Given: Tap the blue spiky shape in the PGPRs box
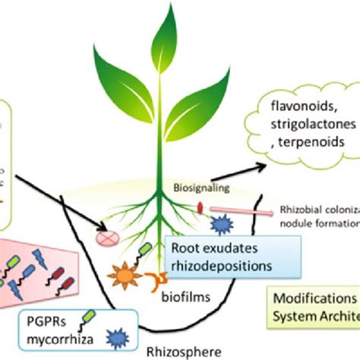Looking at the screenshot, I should [x=115, y=335].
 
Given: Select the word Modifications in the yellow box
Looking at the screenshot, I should [x=319, y=298].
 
